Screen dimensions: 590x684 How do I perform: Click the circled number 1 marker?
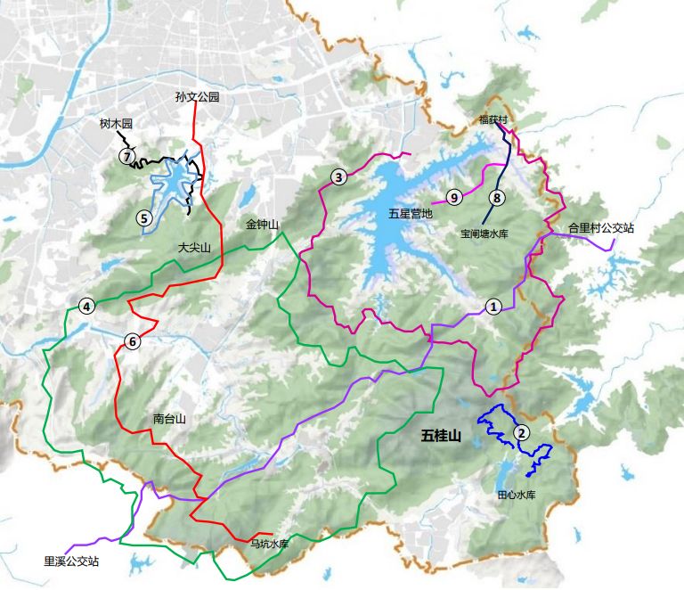494,306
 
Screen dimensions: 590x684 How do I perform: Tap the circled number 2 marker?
523,433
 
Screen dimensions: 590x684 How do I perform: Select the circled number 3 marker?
338,177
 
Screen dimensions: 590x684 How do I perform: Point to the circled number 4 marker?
86,307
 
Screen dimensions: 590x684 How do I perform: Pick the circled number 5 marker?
142,217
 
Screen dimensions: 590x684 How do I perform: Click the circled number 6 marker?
133,340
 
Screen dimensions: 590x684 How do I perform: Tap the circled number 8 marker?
497,198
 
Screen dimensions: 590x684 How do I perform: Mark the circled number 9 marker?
453,197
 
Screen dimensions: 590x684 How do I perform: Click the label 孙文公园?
197,95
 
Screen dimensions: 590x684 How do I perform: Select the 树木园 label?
116,126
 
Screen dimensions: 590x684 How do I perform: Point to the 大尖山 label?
194,248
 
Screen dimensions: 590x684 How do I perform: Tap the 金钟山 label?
263,225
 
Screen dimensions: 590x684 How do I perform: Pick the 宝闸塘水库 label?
484,235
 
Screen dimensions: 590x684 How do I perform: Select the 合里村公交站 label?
601,228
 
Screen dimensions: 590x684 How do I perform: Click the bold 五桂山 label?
441,436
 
